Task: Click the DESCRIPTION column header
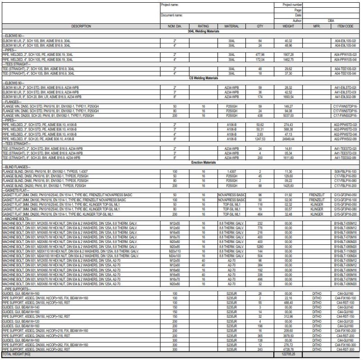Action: click(81, 27)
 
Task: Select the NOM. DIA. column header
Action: click(174, 27)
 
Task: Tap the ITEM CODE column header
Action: click(345, 27)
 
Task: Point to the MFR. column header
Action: click(316, 27)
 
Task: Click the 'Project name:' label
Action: click(170, 4)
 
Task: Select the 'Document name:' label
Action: click(172, 15)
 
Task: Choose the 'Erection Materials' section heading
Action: click(203, 162)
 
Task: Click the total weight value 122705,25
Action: click(288, 355)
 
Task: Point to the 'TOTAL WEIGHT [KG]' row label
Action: click(15, 355)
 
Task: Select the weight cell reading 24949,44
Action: click(288, 139)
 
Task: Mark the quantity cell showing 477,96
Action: click(260, 55)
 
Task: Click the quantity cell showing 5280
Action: click(260, 247)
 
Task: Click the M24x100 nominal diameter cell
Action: click(174, 255)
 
